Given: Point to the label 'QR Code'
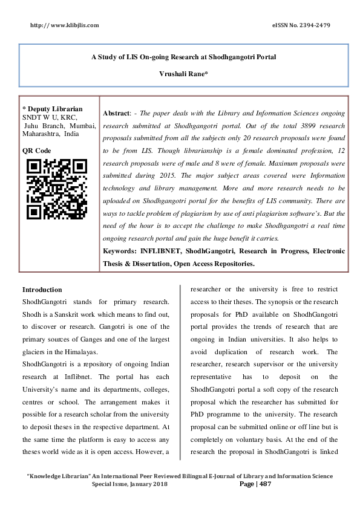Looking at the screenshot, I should point(37,151).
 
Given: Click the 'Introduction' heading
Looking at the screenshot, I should point(42,290).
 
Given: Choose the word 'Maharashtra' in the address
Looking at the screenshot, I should point(41,134).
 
